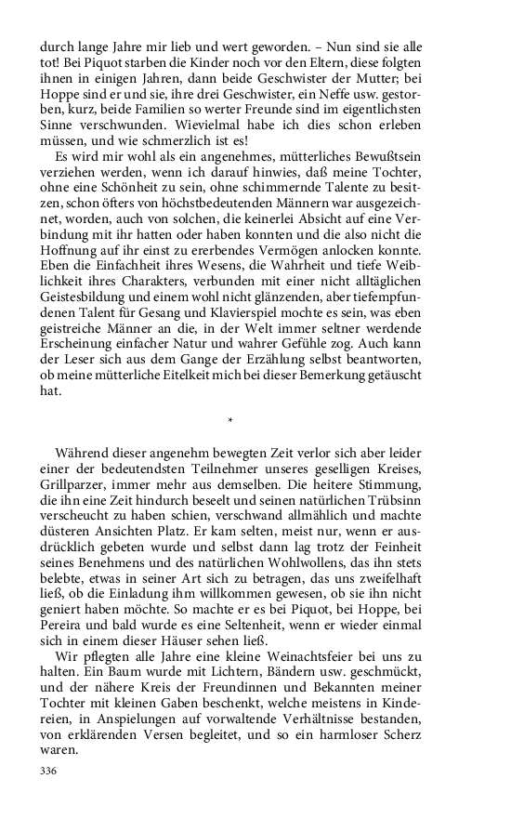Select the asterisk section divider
point(229,422)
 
